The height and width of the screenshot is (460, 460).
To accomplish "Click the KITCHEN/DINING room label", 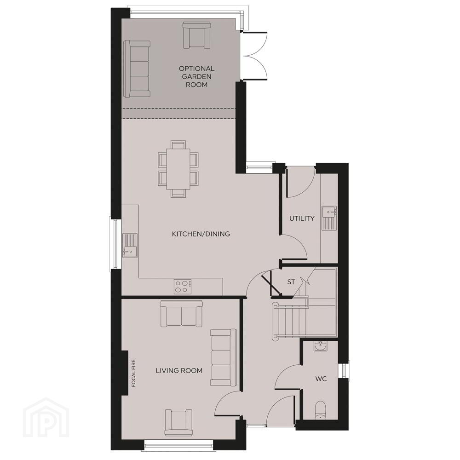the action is (201, 234).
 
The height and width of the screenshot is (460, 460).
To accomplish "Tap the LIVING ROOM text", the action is (179, 370).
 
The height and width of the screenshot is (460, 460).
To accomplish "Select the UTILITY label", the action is (302, 218).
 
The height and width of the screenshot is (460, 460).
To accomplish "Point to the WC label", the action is (321, 379).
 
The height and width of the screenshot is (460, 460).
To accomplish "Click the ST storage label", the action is (291, 282).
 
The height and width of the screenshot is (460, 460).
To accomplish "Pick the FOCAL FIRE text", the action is (134, 373).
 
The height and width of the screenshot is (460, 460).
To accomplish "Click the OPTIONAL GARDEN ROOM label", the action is (196, 76).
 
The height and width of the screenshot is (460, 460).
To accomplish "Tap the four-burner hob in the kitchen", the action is (183, 286).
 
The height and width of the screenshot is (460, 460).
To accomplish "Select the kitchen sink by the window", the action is (130, 245).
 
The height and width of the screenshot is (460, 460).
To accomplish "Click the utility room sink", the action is (329, 218).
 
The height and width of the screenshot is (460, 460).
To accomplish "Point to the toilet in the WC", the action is (320, 410).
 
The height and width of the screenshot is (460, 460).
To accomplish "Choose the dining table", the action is (178, 169).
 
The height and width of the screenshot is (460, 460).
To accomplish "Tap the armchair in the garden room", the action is (196, 35).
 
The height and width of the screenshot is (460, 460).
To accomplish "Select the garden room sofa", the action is (137, 69).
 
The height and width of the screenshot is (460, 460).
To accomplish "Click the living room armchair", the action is (178, 422).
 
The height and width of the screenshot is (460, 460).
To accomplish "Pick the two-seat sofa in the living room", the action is (181, 314).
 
